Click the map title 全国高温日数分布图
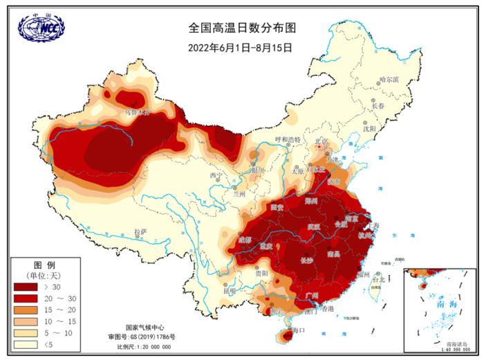(241, 28)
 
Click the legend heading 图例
(44, 265)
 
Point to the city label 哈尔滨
(390, 80)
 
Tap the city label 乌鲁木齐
(137, 111)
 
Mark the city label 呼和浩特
(288, 140)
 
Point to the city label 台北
(378, 281)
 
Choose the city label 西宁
(215, 176)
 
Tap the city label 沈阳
(369, 129)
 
